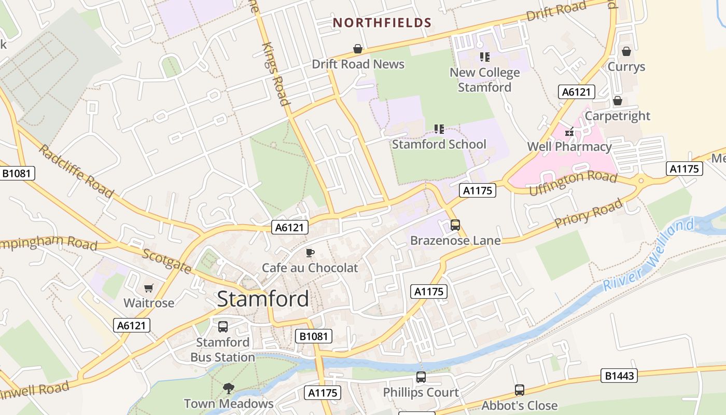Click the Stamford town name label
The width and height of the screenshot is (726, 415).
[x=263, y=299]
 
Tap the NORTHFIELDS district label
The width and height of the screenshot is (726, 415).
[x=382, y=23]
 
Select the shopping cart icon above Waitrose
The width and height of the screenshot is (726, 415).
[x=149, y=288]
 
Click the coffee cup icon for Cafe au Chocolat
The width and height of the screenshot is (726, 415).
[x=310, y=253]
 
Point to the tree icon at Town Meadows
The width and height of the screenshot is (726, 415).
[x=228, y=388]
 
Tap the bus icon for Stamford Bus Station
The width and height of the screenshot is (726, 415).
[x=223, y=327]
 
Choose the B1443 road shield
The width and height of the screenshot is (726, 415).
[x=619, y=376]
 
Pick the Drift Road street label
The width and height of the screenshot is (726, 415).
[x=556, y=11]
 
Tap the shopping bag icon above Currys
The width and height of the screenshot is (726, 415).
[x=626, y=51]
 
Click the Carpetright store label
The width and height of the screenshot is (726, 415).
[x=617, y=116]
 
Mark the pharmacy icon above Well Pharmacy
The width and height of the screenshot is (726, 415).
[x=570, y=132]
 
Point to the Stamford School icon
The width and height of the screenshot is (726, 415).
[x=439, y=129]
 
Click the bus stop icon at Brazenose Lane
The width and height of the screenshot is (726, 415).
[x=455, y=225]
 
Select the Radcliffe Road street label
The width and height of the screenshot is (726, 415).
[x=76, y=171]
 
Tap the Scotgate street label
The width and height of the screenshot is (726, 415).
[x=167, y=261]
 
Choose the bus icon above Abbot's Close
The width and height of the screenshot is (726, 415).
[x=520, y=390]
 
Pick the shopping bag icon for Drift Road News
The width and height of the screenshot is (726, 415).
[x=358, y=49]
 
